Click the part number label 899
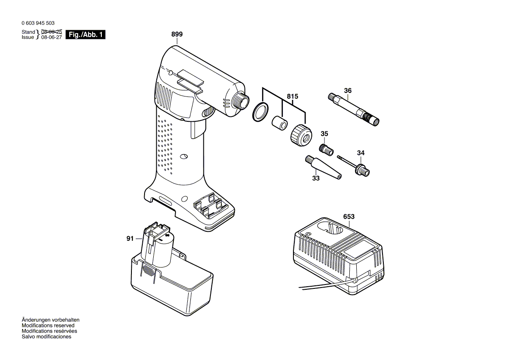click(x=177, y=34)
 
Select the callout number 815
click(x=292, y=96)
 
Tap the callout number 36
click(x=348, y=91)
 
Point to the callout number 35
click(x=324, y=134)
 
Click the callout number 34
click(x=361, y=153)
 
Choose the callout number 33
click(x=316, y=178)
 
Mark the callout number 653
click(x=349, y=216)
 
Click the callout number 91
click(x=130, y=238)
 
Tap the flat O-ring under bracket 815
click(x=260, y=112)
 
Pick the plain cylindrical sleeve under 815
click(x=279, y=123)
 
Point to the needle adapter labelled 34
click(x=354, y=165)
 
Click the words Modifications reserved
click(x=48, y=326)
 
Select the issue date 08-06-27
click(x=52, y=38)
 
